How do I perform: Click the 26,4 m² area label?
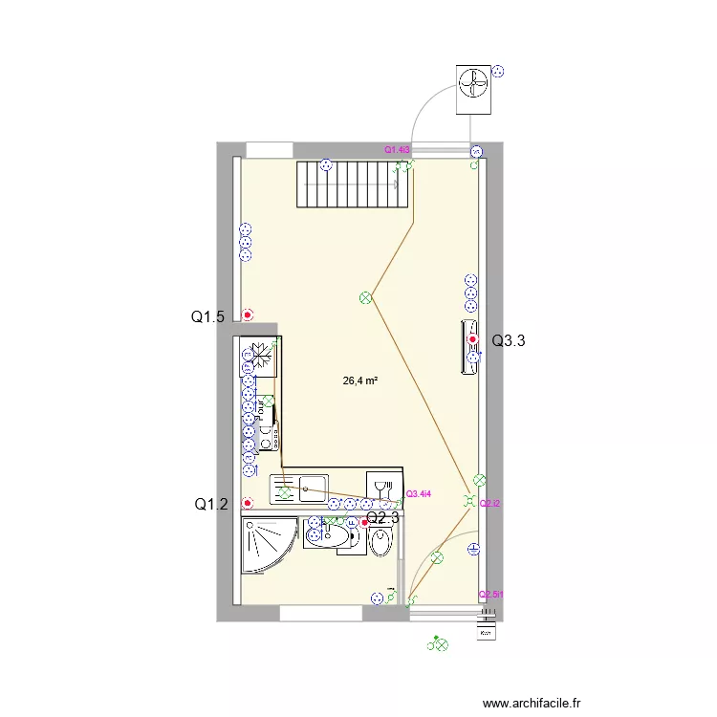tap(359, 380)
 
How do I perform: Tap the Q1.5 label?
tap(208, 317)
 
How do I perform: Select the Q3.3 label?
tap(509, 339)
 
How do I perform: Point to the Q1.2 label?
tap(211, 504)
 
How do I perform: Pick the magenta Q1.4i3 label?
tap(397, 150)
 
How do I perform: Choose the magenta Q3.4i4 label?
tap(419, 494)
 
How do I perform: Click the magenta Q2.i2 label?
tap(490, 504)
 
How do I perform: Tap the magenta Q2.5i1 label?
tap(491, 594)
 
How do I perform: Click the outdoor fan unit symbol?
tap(473, 86)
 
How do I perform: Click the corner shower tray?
tap(268, 545)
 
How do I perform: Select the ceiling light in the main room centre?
tap(364, 298)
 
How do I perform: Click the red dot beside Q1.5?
tap(248, 315)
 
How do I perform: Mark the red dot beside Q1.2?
tap(248, 502)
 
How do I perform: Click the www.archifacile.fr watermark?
tap(532, 703)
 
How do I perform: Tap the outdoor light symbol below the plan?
tap(440, 645)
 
